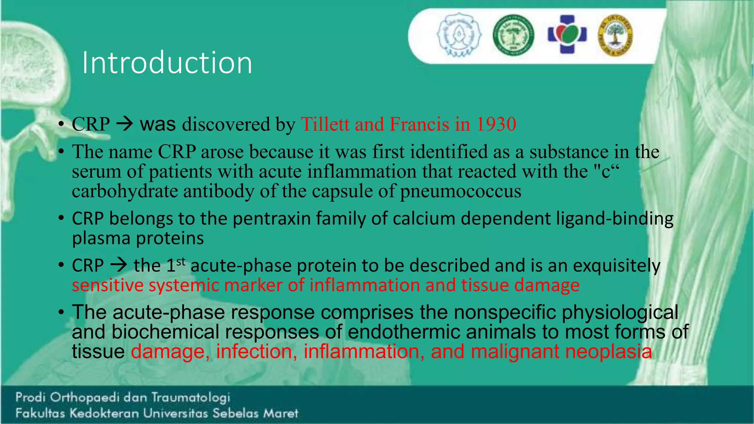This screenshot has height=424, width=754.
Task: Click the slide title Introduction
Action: coord(167,63)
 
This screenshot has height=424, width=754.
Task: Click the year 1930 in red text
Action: coord(496,124)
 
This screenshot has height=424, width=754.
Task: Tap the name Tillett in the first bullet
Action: coord(325,124)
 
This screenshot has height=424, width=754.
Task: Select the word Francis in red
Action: coord(419,124)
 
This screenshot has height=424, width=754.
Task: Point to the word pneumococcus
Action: coord(461,191)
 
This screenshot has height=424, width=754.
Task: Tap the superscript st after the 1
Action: coord(181,262)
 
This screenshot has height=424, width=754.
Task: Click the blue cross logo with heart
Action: coord(567,35)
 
